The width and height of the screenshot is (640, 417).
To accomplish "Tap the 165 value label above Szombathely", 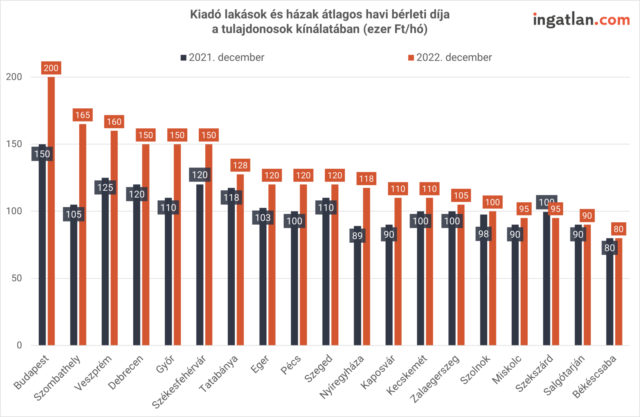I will (x=83, y=115).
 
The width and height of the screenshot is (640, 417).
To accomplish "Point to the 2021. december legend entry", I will (x=222, y=58).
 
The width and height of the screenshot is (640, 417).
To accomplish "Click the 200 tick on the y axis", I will (x=14, y=77).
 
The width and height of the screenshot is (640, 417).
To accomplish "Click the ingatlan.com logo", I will (x=581, y=20).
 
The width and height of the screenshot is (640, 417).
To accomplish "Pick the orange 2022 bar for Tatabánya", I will (x=240, y=260).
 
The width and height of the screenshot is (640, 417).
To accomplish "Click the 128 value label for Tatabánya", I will (x=240, y=166).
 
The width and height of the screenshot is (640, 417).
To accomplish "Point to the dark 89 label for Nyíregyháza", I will (x=357, y=236).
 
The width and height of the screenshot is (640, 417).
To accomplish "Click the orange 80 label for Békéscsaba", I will (x=618, y=229).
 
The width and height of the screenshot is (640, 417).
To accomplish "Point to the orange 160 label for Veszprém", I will (x=114, y=122).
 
